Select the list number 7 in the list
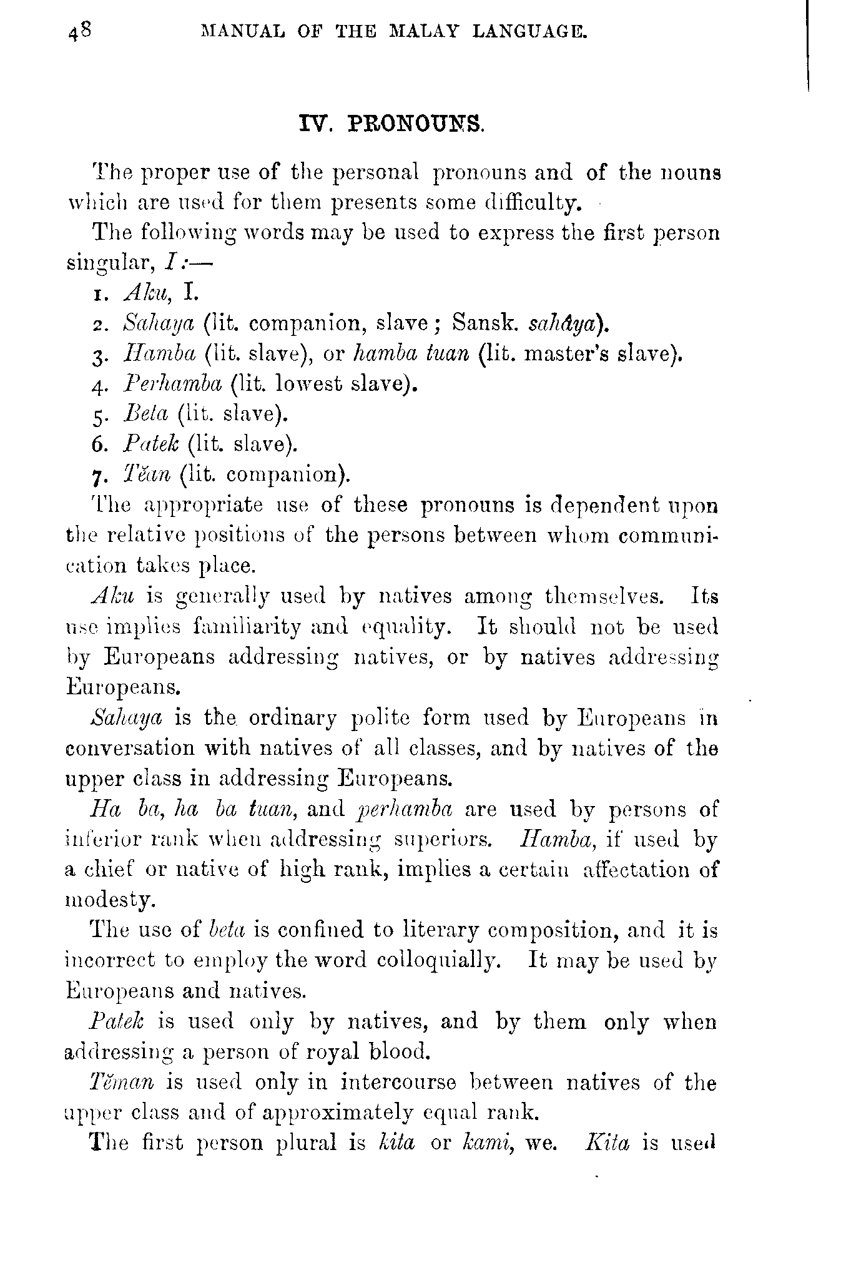[x=97, y=476]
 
